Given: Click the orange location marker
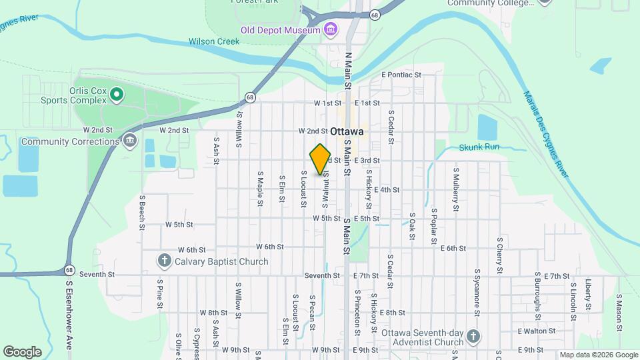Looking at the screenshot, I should click(x=320, y=159).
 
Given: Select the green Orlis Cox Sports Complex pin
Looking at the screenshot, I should click(x=117, y=95).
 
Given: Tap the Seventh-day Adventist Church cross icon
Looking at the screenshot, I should click(x=473, y=335).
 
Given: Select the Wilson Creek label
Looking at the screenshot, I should click(x=214, y=41).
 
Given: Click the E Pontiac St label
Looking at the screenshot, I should click(x=402, y=75).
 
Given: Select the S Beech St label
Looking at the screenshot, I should click(x=142, y=213).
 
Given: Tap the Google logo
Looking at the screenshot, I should click(x=22, y=352).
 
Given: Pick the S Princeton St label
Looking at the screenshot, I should click(x=357, y=308).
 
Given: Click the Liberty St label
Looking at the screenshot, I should click(x=588, y=294).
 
